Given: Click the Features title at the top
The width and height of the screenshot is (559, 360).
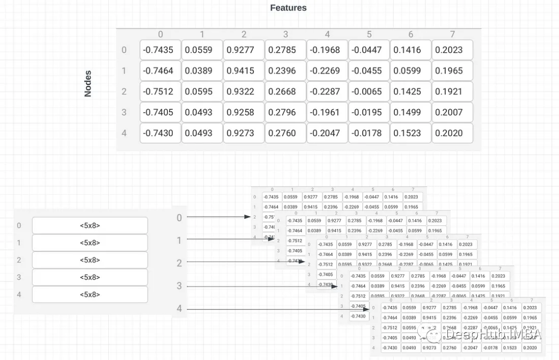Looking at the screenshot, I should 288,8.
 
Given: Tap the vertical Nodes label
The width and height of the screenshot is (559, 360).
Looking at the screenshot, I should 88,84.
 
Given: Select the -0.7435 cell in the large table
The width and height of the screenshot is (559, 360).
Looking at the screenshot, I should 160,50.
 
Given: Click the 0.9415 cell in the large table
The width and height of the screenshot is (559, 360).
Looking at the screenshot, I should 244,71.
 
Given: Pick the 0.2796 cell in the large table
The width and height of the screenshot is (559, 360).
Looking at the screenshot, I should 286,112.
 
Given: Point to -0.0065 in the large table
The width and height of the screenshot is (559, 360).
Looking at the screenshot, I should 369,92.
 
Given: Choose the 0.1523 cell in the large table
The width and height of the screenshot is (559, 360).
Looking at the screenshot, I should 410,133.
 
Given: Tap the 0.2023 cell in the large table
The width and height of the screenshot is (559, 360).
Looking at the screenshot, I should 452,50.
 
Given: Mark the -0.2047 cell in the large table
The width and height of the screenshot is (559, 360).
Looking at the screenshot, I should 327,133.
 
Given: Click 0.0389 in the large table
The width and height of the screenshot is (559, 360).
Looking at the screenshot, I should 202,71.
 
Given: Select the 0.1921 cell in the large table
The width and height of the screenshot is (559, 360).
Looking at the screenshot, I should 452,92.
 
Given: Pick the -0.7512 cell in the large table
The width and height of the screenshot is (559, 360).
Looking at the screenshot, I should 160,92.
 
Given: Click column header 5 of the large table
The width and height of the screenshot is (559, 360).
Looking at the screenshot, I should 369,34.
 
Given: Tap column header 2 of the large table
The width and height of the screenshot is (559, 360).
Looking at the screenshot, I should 244,34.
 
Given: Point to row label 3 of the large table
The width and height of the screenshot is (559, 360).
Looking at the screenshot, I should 124,112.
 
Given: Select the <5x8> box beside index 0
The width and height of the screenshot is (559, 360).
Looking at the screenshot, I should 90,226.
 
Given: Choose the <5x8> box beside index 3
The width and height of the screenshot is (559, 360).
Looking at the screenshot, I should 90,277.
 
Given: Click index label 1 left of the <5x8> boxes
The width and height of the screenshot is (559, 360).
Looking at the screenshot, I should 19,243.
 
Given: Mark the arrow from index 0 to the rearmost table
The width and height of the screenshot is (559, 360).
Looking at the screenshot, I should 217,217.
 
